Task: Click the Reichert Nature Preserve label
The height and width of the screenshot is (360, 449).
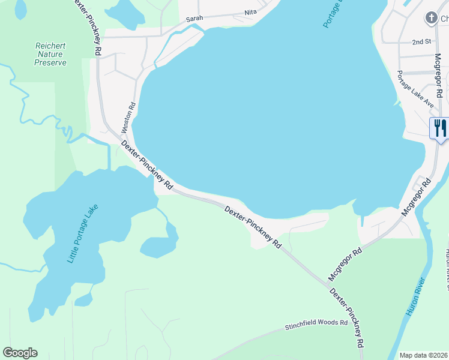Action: pos(50,54)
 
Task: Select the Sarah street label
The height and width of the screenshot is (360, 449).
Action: pos(194,19)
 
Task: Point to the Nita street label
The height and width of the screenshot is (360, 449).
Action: pos(250,12)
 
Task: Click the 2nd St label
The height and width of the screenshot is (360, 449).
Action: pos(422,42)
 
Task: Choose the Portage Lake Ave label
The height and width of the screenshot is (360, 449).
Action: pos(415,89)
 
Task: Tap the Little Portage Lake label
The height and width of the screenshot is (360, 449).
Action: pos(82,233)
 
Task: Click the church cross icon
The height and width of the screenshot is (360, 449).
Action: pos(432,18)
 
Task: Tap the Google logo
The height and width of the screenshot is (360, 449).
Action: pos(20,353)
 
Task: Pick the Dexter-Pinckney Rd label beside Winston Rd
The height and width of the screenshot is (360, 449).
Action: pos(147,166)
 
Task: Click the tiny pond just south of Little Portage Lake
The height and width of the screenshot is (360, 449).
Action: pos(83,299)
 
